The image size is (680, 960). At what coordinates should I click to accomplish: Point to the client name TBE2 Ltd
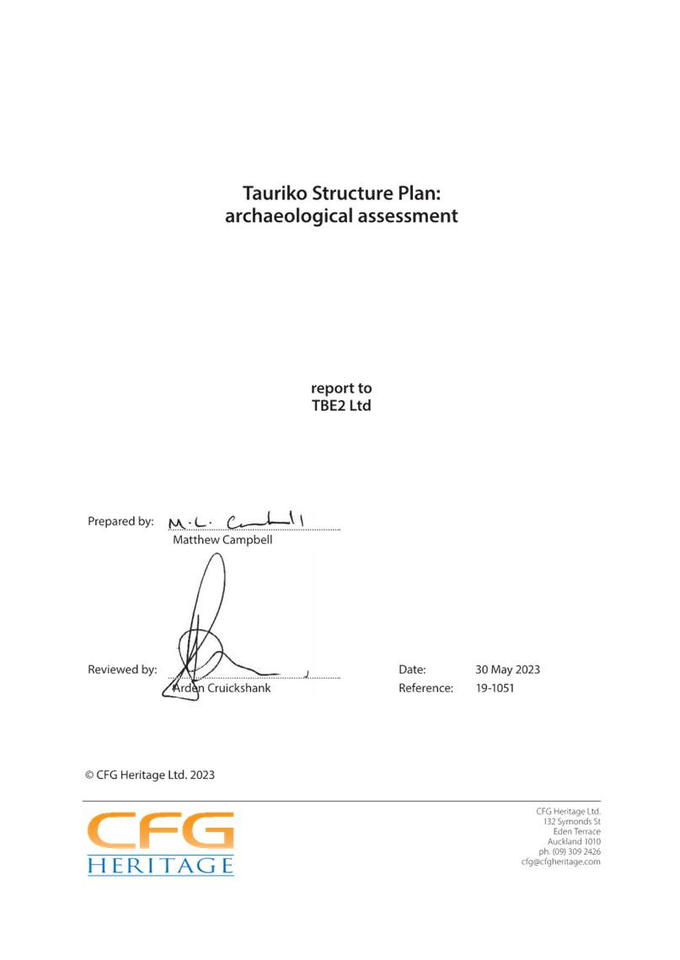(x=341, y=406)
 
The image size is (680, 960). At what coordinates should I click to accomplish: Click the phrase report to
(x=341, y=388)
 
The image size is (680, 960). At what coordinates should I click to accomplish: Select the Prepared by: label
(x=121, y=522)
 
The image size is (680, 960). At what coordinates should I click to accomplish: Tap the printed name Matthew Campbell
(x=222, y=541)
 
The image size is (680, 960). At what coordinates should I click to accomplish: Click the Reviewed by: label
(x=123, y=670)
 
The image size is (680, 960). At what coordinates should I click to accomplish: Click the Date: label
(x=412, y=670)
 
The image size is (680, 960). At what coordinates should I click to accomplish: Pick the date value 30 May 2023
(x=507, y=670)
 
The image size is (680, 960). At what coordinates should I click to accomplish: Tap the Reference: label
(x=425, y=689)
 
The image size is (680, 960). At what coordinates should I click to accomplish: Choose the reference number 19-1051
(x=495, y=689)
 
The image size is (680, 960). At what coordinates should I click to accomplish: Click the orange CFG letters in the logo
(x=160, y=832)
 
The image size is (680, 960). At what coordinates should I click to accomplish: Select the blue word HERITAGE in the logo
(x=160, y=866)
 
